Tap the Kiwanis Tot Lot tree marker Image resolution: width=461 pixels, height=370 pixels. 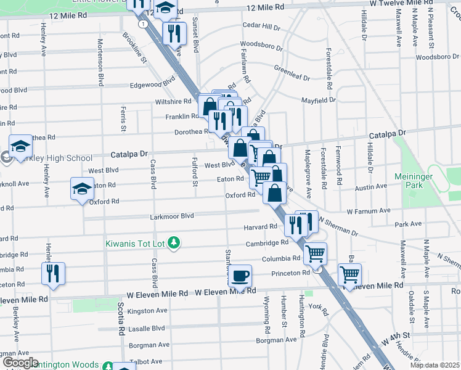[x=174, y=242]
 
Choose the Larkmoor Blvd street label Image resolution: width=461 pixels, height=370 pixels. [x=172, y=216]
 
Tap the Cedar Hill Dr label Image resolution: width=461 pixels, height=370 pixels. [x=261, y=27]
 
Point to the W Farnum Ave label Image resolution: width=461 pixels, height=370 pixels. [x=369, y=210]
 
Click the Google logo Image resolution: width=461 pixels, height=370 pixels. [x=20, y=363]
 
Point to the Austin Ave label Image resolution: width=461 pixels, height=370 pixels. [x=370, y=186]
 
